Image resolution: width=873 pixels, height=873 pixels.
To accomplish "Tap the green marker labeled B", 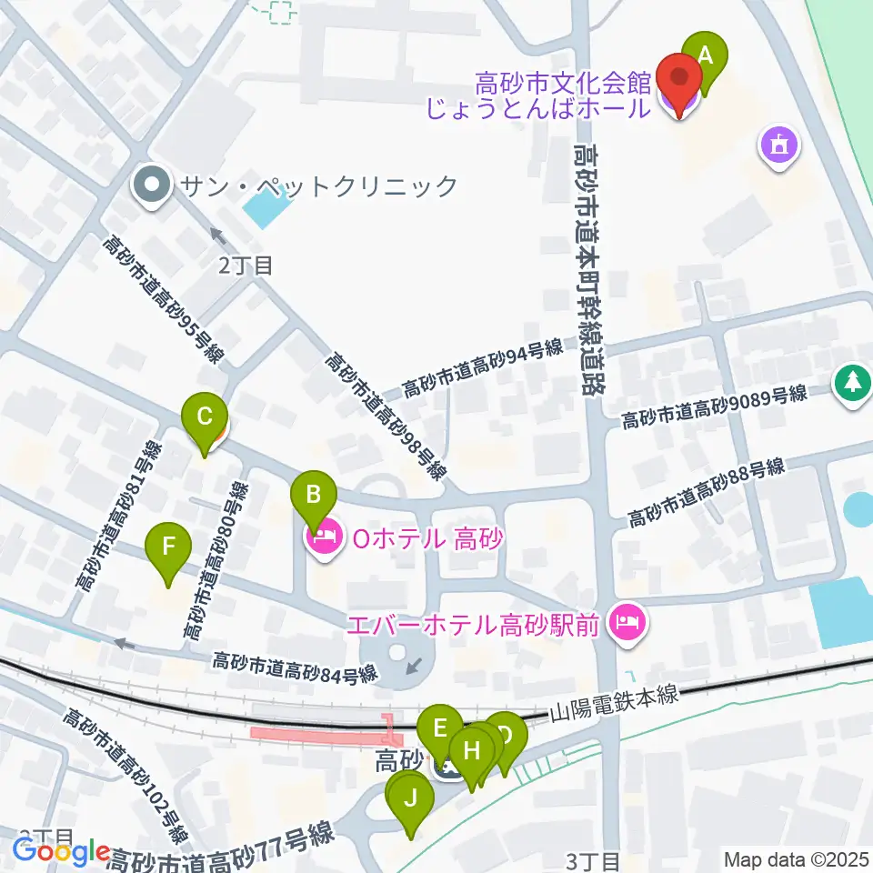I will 313,497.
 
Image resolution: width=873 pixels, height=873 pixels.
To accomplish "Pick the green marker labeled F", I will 168,548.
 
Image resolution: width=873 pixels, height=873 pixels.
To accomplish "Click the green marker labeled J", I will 410,801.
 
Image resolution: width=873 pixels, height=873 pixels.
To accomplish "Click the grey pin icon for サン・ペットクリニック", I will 146,186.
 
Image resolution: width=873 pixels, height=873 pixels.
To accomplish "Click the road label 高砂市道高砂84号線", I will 295,668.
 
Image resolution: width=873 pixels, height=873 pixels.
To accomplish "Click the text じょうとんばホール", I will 563,107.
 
